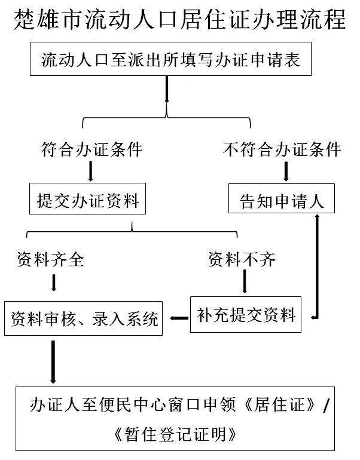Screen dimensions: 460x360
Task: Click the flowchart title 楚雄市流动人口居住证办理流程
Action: pos(179,20)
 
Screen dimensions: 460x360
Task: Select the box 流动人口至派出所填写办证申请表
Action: pos(171,60)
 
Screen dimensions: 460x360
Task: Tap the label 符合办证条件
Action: pos(91,149)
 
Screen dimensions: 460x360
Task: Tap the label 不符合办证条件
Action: pos(282,149)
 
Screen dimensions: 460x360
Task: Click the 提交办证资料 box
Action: pos(88,200)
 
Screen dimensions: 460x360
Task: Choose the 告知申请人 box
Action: pos(282,200)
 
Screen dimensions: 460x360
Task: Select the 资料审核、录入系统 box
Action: pos(84,319)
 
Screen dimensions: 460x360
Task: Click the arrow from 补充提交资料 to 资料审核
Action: pos(178,318)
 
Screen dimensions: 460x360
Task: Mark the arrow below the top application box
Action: pos(167,91)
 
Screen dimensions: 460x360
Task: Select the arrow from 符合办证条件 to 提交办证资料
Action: pos(91,172)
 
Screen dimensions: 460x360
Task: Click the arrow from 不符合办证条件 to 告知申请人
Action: pos(286,172)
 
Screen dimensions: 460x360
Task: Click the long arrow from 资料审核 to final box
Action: pos(53,361)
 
